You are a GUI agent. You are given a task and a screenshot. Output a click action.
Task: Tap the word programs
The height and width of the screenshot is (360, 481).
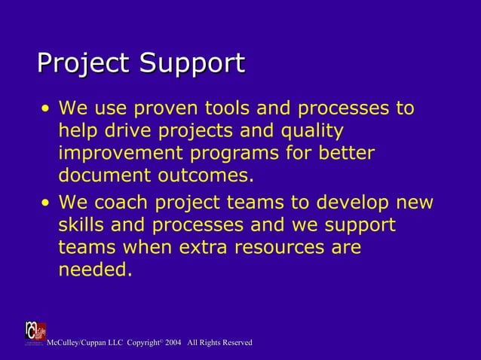tap(250, 154)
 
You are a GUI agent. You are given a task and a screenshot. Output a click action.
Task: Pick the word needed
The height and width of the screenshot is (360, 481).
tap(95, 270)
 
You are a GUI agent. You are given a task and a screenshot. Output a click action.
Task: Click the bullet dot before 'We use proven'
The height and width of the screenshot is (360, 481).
tap(47, 109)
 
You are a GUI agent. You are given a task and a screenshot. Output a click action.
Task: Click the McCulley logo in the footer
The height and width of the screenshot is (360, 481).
tap(35, 333)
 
